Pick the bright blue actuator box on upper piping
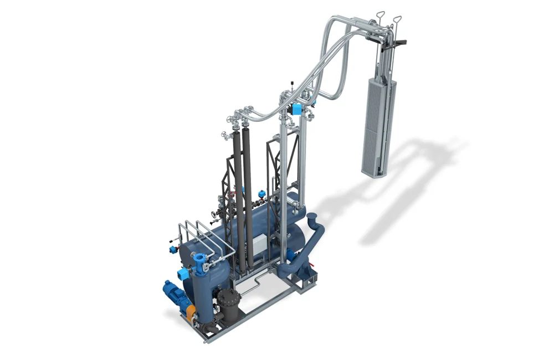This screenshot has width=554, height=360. tap(297, 109)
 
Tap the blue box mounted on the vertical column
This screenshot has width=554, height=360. tap(182, 274)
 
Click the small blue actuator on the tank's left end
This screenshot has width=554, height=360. tap(173, 250)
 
